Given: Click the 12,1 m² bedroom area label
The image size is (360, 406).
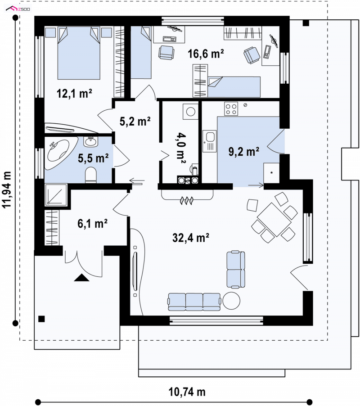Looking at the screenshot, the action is point(74,93).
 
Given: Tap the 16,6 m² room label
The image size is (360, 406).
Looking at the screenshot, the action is point(206,54).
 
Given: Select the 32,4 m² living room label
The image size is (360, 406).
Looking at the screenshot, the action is point(191,238).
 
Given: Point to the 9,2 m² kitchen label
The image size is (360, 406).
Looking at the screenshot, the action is point(244,152).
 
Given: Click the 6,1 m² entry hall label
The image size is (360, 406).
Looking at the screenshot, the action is point(92,223).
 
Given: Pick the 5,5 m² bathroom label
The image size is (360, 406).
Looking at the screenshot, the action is point(93,158).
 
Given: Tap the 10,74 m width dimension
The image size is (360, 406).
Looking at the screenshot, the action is point(187,392).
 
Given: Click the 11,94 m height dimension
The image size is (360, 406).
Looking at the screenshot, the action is point(7,189).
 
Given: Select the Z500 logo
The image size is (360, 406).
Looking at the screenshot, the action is point(18,9).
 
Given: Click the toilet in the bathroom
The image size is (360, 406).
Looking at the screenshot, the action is point(91,175).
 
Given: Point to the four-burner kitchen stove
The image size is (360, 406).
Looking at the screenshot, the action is point(231,109).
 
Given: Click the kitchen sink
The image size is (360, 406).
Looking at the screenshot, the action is point(209,140).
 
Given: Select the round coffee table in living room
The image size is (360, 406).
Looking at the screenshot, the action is point(231,301).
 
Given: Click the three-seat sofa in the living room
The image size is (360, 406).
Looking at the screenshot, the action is point(194,302).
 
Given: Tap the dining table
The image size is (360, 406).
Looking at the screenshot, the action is point(274,220).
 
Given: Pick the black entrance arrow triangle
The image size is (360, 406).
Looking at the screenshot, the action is point(81,278).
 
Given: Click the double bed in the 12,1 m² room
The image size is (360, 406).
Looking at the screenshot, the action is point(79,53).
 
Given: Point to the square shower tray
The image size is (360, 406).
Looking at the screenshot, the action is point(56,195).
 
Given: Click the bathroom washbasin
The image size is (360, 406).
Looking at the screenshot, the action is point(90,142).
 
